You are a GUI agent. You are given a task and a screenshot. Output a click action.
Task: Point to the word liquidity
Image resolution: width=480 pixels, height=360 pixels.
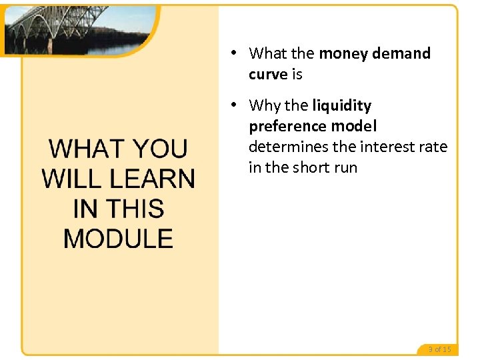click(x=341, y=105)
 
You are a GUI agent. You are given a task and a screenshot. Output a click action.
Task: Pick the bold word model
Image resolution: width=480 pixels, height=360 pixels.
click(x=355, y=126)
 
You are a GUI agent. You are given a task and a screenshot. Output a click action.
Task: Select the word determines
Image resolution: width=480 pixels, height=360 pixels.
click(x=288, y=147)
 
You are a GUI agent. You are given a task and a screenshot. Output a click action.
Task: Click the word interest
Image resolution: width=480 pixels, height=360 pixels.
click(x=379, y=147)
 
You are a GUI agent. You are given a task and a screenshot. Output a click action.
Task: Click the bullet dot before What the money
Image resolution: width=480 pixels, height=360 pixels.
click(x=235, y=53)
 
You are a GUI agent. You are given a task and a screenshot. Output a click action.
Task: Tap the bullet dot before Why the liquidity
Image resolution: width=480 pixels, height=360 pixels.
click(x=235, y=105)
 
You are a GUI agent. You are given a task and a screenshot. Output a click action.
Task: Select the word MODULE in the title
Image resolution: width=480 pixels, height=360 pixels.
click(x=118, y=239)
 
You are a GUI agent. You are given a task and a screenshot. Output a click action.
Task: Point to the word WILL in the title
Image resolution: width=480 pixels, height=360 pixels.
click(x=67, y=179)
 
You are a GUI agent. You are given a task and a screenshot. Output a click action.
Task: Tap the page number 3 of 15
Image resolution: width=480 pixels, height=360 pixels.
click(x=439, y=349)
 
